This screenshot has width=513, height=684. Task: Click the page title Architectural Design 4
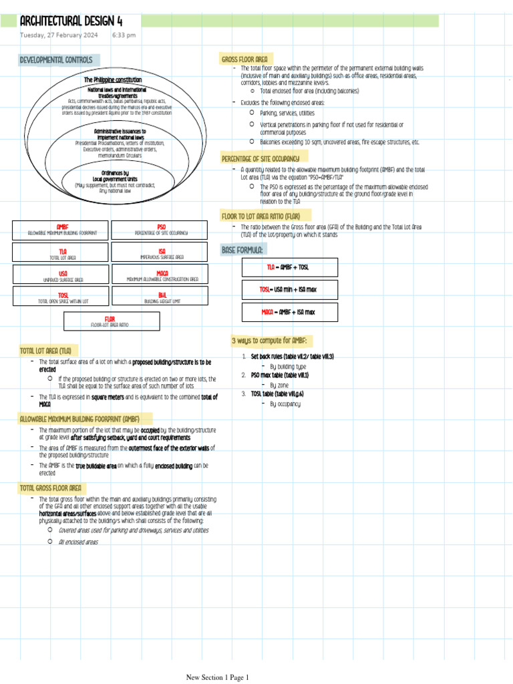coord(71,21)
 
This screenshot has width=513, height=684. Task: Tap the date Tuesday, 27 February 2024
coord(59,35)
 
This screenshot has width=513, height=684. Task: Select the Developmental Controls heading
coord(56,60)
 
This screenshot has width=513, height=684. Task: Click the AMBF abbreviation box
coord(61,230)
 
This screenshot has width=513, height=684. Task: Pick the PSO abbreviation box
coord(161,230)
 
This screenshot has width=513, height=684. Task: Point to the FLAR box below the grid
coord(112,321)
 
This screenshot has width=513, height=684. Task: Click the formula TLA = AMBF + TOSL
coord(289,267)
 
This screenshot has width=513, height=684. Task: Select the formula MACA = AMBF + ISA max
coord(289,312)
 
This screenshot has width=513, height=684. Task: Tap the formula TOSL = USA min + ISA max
coord(289,289)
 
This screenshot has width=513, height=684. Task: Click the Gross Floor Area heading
coord(244,59)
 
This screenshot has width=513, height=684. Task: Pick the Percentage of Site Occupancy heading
coord(260,159)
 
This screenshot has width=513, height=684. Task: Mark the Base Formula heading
coord(242,250)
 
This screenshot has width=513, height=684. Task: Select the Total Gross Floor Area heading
coord(51,488)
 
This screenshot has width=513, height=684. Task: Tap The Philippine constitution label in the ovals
coord(112,79)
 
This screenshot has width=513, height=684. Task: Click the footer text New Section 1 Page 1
coord(217,677)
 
